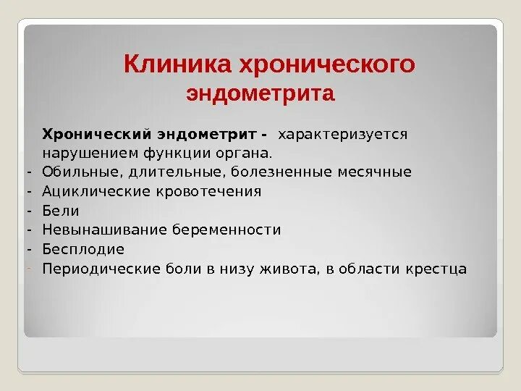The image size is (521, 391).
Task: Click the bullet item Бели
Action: (x=60, y=211)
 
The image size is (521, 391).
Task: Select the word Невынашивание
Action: (x=103, y=230)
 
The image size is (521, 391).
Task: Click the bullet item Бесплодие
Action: (x=83, y=249)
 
